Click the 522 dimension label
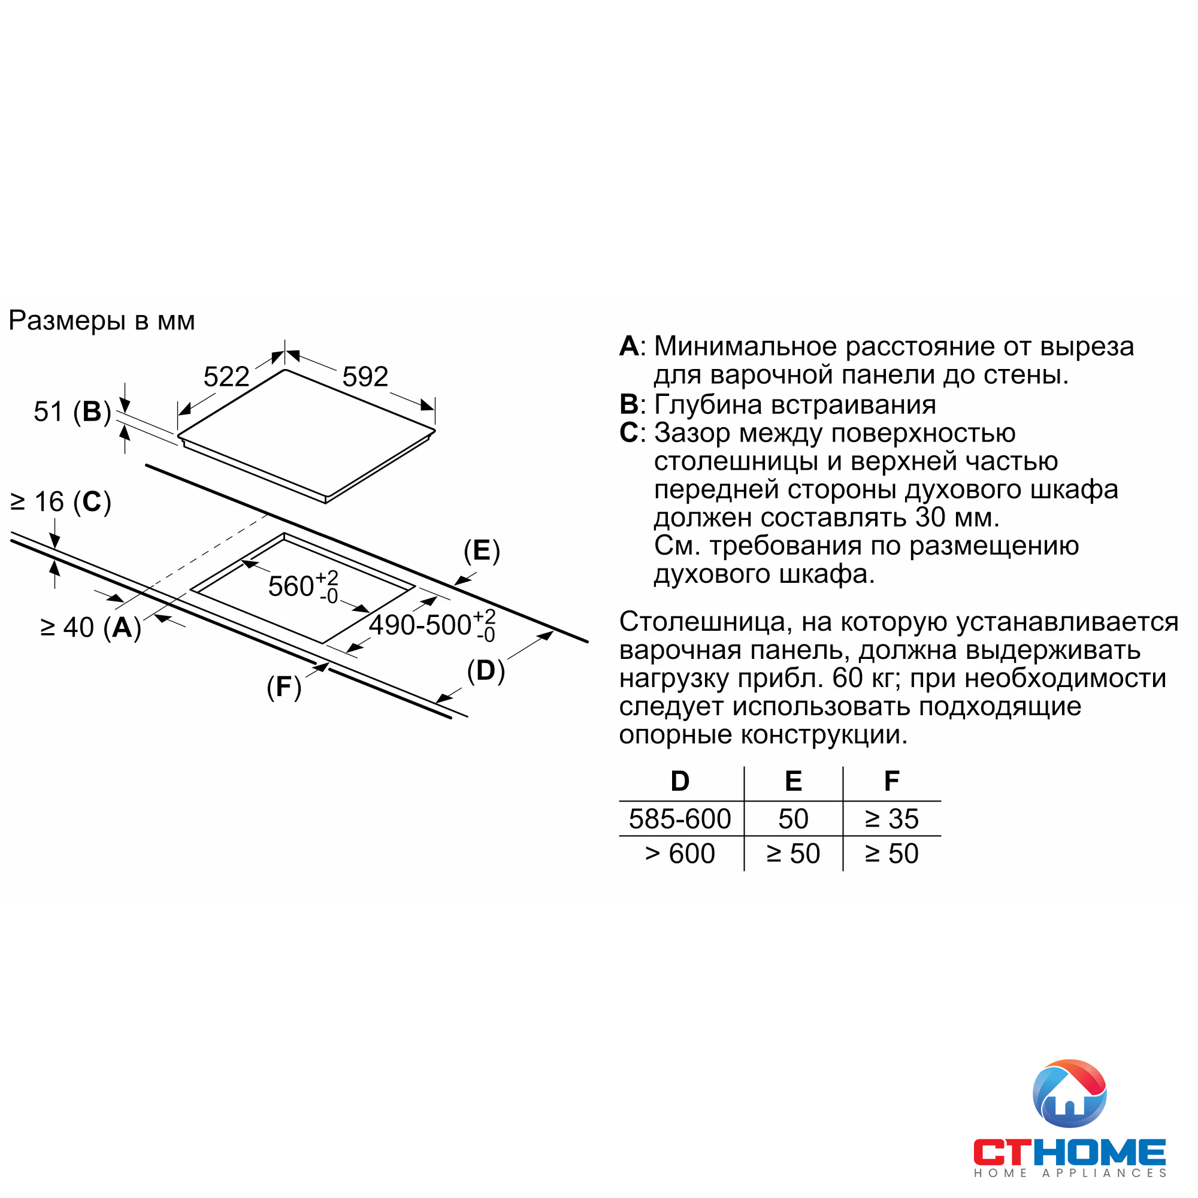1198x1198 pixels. (226, 377)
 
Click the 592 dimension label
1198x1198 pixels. (365, 377)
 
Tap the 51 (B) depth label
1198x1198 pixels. (72, 412)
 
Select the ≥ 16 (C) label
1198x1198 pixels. (60, 501)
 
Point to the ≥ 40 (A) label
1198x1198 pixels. (90, 628)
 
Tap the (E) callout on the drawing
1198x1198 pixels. (482, 550)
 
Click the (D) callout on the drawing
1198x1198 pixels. (486, 671)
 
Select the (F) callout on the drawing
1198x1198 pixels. (284, 687)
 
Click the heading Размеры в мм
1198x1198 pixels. (102, 321)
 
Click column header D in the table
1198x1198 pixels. (680, 781)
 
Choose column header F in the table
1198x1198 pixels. (891, 781)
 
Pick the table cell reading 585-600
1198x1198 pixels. (680, 819)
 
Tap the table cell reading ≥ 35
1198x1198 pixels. (891, 819)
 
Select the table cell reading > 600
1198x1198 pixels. (680, 854)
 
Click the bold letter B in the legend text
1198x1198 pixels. (628, 405)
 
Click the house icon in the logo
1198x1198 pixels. (1069, 1094)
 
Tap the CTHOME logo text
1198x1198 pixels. (1069, 1152)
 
